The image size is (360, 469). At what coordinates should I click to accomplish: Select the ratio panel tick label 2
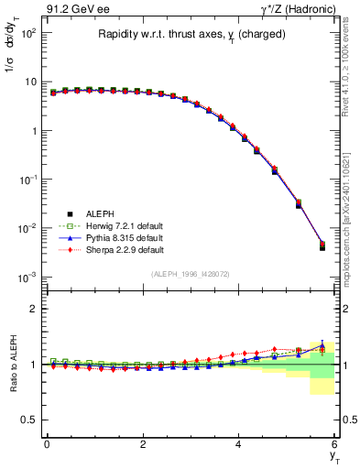32,309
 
